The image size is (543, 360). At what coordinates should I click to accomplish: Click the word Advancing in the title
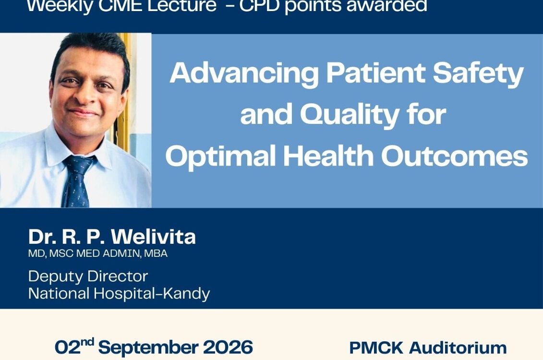point(244,74)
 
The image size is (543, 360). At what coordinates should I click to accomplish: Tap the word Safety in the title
point(478,74)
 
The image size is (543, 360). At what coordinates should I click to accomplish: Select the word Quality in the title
point(350,115)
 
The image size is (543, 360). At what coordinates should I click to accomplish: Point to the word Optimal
point(220,156)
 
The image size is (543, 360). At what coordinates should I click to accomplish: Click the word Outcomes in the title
point(455,156)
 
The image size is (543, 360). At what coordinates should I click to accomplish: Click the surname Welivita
point(154,237)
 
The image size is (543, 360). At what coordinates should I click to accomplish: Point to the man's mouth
point(83,112)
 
